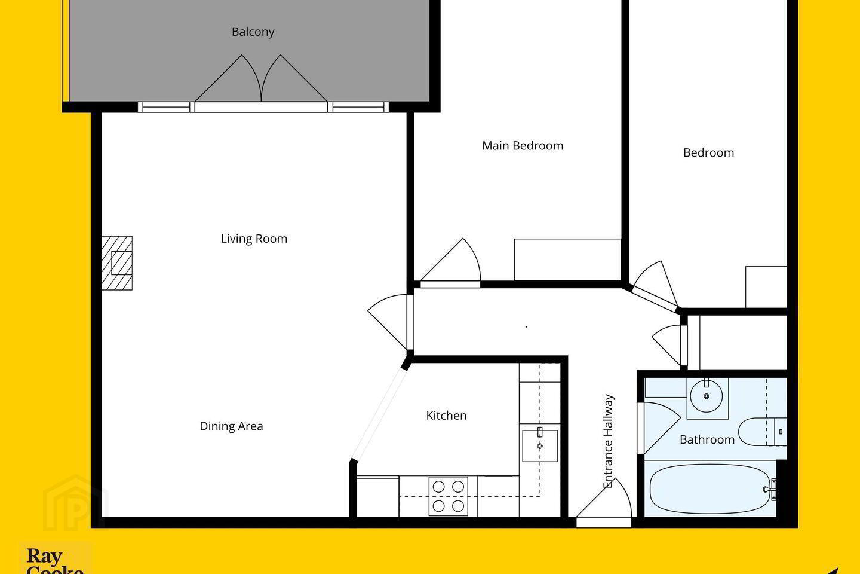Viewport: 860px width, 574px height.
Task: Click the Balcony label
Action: coord(253,32)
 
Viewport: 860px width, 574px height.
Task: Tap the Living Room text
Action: coord(254,239)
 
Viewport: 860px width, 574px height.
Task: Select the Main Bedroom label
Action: coord(523,146)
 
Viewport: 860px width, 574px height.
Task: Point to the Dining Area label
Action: coord(232,426)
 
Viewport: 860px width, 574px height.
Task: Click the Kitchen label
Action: coord(446,415)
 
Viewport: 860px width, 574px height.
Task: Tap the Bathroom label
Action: coord(707,439)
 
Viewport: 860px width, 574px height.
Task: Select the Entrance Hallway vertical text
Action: coord(608,441)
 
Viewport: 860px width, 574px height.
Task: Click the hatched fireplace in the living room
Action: coord(117,263)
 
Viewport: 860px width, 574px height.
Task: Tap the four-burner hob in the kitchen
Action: coord(448,496)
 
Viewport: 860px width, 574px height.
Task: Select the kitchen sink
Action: coord(540,446)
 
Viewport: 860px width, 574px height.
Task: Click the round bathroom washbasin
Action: coord(706,396)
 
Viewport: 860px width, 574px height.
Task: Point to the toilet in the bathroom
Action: coord(763,431)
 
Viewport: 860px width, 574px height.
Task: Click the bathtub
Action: coord(710,489)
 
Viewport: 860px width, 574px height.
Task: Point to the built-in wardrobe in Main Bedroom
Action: coord(567,259)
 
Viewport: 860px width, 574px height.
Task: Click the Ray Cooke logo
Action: coord(56,560)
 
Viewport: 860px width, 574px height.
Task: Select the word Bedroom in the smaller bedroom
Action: coord(708,153)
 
